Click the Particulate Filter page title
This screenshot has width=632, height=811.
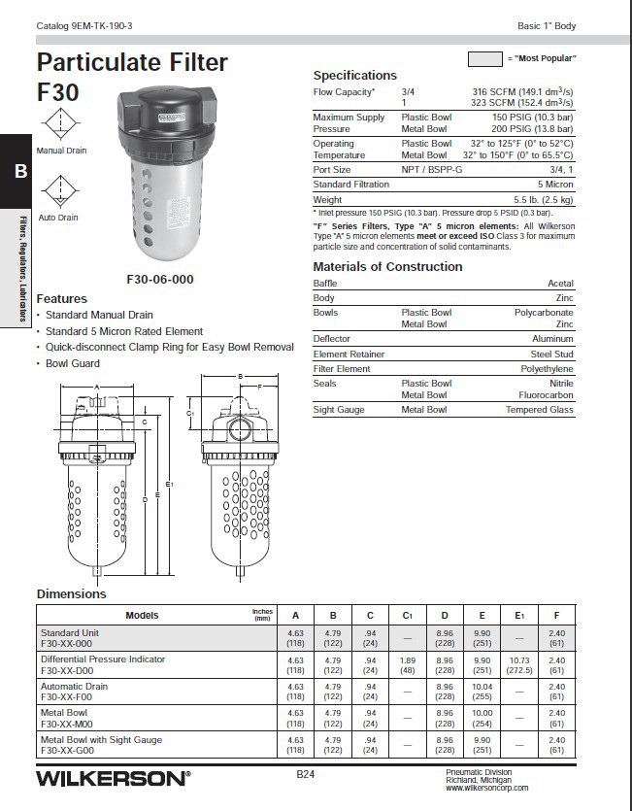(x=132, y=63)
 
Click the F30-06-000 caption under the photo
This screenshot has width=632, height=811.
(x=160, y=279)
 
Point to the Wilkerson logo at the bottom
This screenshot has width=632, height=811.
(x=113, y=778)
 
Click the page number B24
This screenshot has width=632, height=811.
(x=306, y=774)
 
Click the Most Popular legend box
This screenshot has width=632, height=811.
(x=484, y=58)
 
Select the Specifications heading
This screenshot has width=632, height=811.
(x=354, y=75)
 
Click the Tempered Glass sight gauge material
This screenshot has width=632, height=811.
(x=539, y=410)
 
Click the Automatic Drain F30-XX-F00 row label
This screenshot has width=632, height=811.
(x=74, y=692)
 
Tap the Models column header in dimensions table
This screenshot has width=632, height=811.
(x=141, y=615)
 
